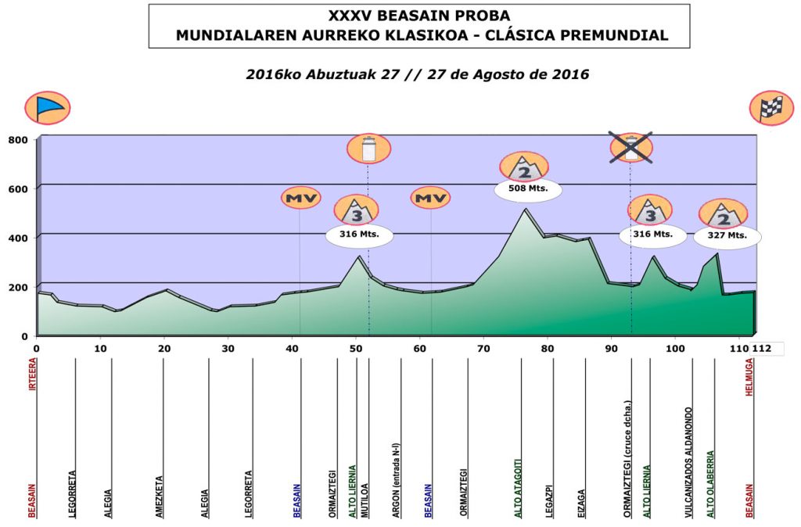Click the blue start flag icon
tap(48, 108)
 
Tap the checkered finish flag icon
tap(771, 108)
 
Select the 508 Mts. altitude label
tap(528, 188)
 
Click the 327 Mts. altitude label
tap(727, 235)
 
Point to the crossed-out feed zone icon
tap(631, 147)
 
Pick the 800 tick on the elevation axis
tap(18, 140)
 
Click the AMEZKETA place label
tap(160, 497)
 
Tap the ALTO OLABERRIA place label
tap(710, 483)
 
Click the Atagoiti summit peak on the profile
tap(526, 210)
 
